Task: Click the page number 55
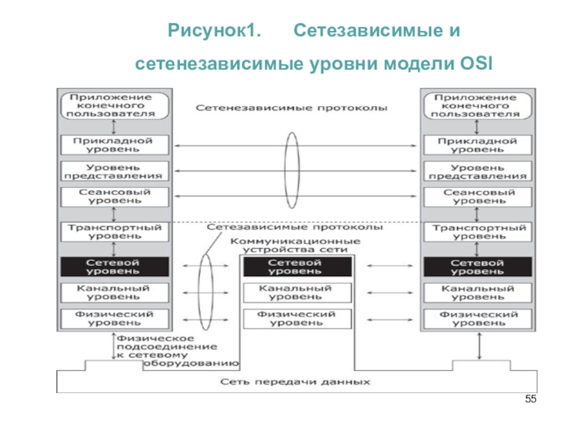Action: coord(530,399)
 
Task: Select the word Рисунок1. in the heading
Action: coord(214,31)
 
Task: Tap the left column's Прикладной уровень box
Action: coord(114,145)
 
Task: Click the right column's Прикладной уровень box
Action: coord(477,145)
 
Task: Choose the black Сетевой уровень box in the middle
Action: coord(298,266)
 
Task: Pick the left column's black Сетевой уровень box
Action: coord(114,266)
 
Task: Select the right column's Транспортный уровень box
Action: coord(477,232)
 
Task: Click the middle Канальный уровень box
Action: coord(298,292)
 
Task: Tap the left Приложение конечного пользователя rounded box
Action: coord(114,106)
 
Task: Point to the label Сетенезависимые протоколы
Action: coord(291,108)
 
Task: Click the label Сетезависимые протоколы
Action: coord(295,227)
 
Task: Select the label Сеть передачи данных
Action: coord(295,382)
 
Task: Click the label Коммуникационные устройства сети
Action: coord(295,245)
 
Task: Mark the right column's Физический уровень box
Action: coord(477,319)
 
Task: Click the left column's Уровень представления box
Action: coord(114,171)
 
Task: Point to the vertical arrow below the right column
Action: coord(479,346)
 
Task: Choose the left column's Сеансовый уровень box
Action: coord(114,197)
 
